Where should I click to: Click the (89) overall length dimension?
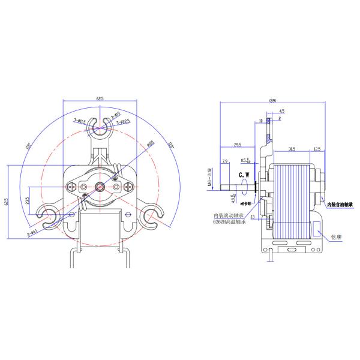coord(273,100)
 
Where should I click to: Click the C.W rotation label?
coord(245,175)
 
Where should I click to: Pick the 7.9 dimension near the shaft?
coord(225,161)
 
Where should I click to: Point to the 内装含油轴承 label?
coord(342,205)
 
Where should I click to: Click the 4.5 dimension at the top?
coord(282,111)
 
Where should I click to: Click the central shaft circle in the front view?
coord(100,187)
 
